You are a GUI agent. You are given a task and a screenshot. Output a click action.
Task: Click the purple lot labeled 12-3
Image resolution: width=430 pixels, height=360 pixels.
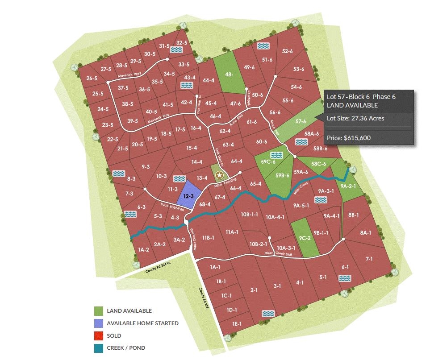(x=188, y=195)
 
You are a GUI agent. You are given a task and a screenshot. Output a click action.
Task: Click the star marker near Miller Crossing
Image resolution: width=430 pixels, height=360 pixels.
(x=219, y=175)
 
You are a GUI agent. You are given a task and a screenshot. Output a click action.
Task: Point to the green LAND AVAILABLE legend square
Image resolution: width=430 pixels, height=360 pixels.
(x=99, y=311)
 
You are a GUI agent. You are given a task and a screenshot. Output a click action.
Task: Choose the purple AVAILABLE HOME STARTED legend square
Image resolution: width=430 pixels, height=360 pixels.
(x=99, y=323)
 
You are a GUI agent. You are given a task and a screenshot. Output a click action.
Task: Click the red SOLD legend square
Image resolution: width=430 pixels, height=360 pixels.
(x=99, y=335)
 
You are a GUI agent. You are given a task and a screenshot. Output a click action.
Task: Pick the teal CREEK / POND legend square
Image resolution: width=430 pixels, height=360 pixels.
(x=99, y=348)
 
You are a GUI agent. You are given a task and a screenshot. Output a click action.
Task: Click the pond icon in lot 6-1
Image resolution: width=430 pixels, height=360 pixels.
(x=344, y=278)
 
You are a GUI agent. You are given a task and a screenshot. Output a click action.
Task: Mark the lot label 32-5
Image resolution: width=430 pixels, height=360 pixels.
(x=181, y=43)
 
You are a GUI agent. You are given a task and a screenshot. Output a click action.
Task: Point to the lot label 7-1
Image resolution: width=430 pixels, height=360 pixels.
(x=369, y=259)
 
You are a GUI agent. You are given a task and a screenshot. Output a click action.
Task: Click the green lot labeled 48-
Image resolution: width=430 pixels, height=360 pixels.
(x=229, y=75)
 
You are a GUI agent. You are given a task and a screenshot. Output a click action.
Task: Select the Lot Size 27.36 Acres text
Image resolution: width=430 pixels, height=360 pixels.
(x=355, y=118)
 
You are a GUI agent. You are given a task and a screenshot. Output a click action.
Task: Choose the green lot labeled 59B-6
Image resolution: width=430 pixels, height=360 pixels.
(x=282, y=175)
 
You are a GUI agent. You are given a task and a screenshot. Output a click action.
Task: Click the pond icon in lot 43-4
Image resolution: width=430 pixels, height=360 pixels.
(x=187, y=85)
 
